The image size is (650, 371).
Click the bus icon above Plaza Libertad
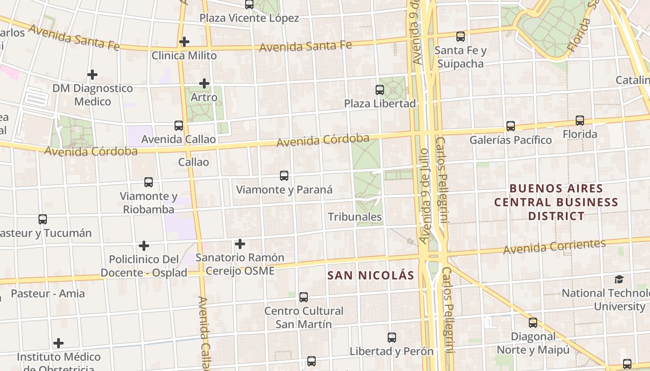tap(380, 90)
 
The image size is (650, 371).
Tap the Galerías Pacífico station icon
tap(511, 126)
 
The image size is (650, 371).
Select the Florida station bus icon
tap(580, 121)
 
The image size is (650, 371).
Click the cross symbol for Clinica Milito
tap(184, 42)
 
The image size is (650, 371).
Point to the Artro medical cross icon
tap(204, 83)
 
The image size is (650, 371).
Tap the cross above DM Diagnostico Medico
tap(92, 74)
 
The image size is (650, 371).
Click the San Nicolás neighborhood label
tap(370, 275)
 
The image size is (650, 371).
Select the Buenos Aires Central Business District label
tap(556, 202)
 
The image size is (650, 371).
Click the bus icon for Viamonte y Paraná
tap(284, 176)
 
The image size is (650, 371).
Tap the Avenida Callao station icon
tap(179, 125)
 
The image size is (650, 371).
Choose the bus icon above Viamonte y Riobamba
tap(149, 182)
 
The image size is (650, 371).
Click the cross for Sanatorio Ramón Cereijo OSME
tap(240, 243)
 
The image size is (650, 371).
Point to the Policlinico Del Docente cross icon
tap(144, 245)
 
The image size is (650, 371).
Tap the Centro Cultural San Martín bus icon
tap(304, 297)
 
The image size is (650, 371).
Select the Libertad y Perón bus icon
tap(392, 338)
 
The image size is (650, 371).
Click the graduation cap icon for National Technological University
tap(619, 279)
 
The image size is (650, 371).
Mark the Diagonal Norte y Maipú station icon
tap(533, 322)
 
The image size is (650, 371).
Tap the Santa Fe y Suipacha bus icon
tap(461, 36)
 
